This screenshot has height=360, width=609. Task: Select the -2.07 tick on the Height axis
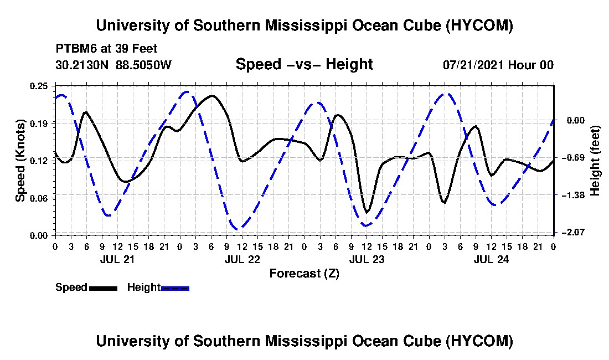click(x=575, y=232)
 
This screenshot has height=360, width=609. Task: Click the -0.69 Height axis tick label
click(x=575, y=158)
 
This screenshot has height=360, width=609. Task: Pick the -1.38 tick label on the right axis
click(x=575, y=195)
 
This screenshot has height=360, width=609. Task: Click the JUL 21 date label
click(x=117, y=259)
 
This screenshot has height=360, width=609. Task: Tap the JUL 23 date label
click(x=367, y=259)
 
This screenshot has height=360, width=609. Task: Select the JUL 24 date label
click(x=491, y=259)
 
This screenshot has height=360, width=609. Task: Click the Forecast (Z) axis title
click(x=304, y=274)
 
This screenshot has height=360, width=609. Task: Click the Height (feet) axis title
click(x=595, y=161)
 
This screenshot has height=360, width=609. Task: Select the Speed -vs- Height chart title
click(x=304, y=64)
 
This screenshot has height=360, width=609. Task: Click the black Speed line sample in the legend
click(x=103, y=288)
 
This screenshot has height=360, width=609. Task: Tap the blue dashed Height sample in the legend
click(x=175, y=288)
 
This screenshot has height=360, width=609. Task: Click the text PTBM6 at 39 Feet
click(x=106, y=49)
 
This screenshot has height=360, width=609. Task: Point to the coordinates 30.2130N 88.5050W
click(x=113, y=65)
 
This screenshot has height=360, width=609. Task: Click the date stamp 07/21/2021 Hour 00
click(x=498, y=65)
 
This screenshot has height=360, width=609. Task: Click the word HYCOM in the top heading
click(x=479, y=25)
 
